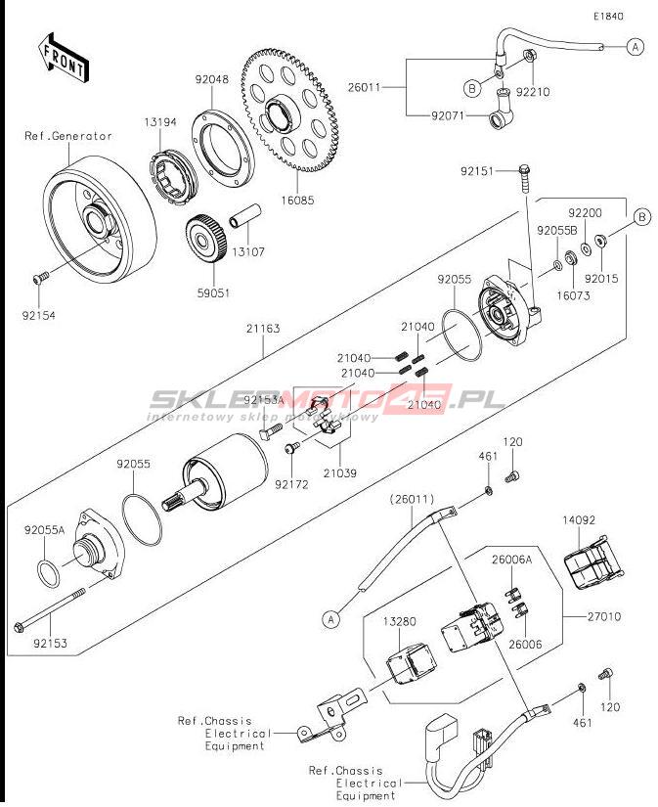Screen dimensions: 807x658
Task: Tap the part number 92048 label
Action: click(x=211, y=80)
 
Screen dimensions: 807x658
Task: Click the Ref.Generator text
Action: click(x=68, y=136)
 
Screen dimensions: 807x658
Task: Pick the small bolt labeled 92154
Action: click(x=41, y=279)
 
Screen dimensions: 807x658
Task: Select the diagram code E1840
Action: click(x=606, y=17)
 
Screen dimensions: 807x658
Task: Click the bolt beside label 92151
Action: click(x=526, y=178)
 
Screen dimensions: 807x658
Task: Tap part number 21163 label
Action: click(x=263, y=329)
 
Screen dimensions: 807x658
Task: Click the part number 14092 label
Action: click(x=578, y=520)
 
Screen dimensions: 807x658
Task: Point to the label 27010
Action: click(x=604, y=617)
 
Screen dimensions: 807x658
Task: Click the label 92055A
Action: click(x=44, y=530)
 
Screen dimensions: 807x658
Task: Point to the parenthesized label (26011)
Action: click(x=412, y=499)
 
